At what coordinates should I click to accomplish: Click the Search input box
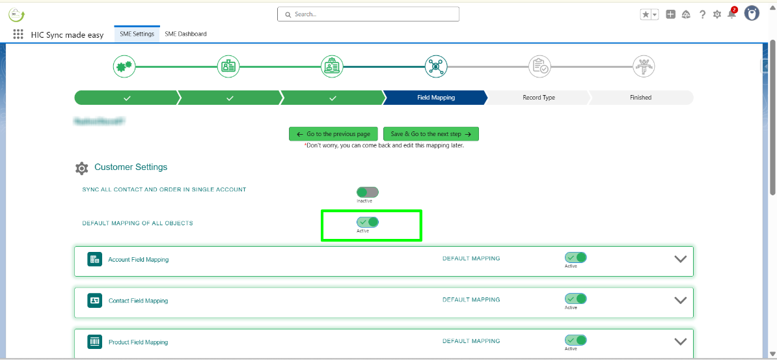[x=368, y=14]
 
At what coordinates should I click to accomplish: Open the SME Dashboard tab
[x=185, y=34]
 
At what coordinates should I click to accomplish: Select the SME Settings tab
[x=137, y=34]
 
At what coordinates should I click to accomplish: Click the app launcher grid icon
[x=18, y=35]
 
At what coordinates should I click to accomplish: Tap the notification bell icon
[x=731, y=14]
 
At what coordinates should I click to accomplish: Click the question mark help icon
[x=702, y=14]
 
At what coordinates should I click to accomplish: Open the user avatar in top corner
[x=752, y=14]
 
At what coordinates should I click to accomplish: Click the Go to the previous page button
[x=333, y=134]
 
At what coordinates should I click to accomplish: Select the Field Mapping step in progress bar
[x=435, y=98]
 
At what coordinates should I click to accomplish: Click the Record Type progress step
[x=538, y=98]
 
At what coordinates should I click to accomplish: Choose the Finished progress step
[x=640, y=98]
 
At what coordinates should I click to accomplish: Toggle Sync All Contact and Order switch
[x=367, y=192]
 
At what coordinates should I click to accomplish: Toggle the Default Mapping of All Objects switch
[x=367, y=222]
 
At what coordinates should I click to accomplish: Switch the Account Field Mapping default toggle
[x=575, y=258]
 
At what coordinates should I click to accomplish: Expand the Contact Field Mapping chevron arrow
[x=680, y=300]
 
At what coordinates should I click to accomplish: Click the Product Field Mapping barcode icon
[x=95, y=342]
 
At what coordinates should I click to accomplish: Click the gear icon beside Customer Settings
[x=81, y=169]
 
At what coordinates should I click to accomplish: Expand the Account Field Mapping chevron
[x=680, y=258]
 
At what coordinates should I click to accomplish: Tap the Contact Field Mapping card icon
[x=95, y=300]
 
